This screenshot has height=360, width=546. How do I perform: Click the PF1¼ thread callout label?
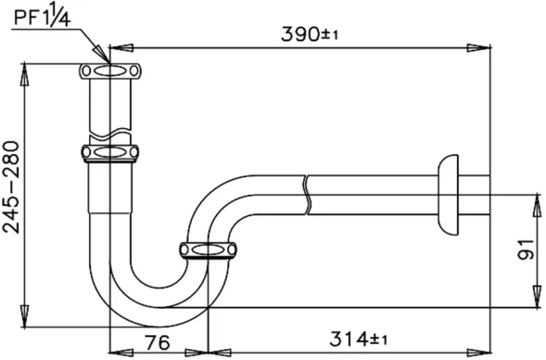42,15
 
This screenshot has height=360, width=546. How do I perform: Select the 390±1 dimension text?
310,33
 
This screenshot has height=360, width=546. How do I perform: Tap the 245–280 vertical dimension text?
11,186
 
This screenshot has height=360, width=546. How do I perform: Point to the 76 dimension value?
158,342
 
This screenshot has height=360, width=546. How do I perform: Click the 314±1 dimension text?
358,339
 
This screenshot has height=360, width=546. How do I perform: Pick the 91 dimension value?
526,250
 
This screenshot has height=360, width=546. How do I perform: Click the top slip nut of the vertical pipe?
110,71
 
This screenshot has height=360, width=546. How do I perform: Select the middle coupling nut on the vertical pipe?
110,153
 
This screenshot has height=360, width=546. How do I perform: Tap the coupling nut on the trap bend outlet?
208,251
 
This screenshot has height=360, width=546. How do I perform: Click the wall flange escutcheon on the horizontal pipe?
448,195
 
